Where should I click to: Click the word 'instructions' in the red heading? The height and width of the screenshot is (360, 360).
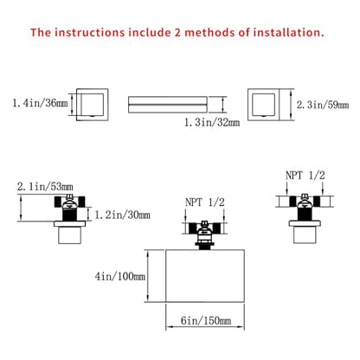(x=89, y=32)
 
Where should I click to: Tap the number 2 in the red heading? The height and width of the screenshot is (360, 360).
(x=177, y=32)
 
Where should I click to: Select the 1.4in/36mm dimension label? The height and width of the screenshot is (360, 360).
(x=40, y=103)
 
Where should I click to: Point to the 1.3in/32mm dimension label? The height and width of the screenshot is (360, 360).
(x=212, y=122)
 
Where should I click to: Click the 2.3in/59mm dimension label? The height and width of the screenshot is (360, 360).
(x=323, y=105)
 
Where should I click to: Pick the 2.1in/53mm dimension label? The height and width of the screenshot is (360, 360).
(x=45, y=187)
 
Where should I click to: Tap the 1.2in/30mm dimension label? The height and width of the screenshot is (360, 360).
(x=122, y=215)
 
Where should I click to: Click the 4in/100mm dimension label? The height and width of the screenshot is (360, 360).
(x=120, y=276)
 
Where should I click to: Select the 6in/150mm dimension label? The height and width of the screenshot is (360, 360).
(x=206, y=320)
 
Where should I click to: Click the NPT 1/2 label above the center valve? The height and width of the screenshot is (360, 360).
(x=205, y=202)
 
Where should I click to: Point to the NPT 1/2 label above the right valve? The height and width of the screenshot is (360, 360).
(x=305, y=176)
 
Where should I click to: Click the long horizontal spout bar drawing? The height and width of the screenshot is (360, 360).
(x=168, y=105)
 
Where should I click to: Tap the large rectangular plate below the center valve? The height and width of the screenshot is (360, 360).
(x=205, y=276)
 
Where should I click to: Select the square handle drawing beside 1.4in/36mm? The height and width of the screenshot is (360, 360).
(x=93, y=105)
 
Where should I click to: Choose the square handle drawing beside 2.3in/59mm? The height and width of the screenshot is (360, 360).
(x=263, y=105)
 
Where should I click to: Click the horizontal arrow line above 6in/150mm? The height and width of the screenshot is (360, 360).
(x=205, y=326)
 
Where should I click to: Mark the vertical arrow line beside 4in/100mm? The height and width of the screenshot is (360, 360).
(x=148, y=276)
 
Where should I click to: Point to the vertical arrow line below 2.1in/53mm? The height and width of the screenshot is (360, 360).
(x=21, y=208)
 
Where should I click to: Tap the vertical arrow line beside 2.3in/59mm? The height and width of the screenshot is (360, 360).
(x=291, y=105)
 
